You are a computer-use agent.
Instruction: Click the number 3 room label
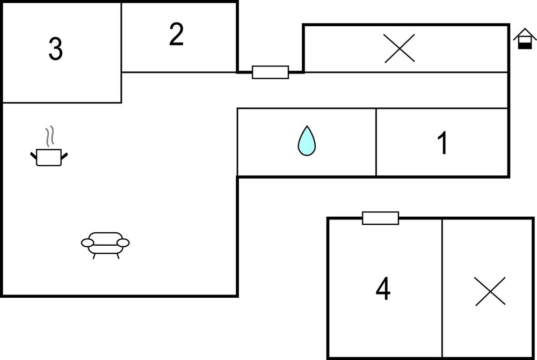click(55, 49)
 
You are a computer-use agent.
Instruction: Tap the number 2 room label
click(176, 35)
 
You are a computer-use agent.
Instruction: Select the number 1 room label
click(442, 143)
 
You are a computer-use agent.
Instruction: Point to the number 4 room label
click(382, 290)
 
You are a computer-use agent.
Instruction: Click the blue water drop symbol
click(307, 141)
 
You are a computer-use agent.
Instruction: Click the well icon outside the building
click(525, 39)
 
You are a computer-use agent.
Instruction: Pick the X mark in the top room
click(400, 48)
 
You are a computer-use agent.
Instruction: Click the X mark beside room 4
click(490, 291)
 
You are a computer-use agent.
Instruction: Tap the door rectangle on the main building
click(270, 72)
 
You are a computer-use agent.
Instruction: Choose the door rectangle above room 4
click(380, 218)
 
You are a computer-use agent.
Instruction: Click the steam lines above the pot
click(50, 137)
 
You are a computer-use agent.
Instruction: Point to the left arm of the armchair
click(88, 243)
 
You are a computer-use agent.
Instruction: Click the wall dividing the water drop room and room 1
click(376, 142)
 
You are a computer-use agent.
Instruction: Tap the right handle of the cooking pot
click(64, 156)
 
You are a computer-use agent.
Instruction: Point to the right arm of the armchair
click(123, 243)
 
